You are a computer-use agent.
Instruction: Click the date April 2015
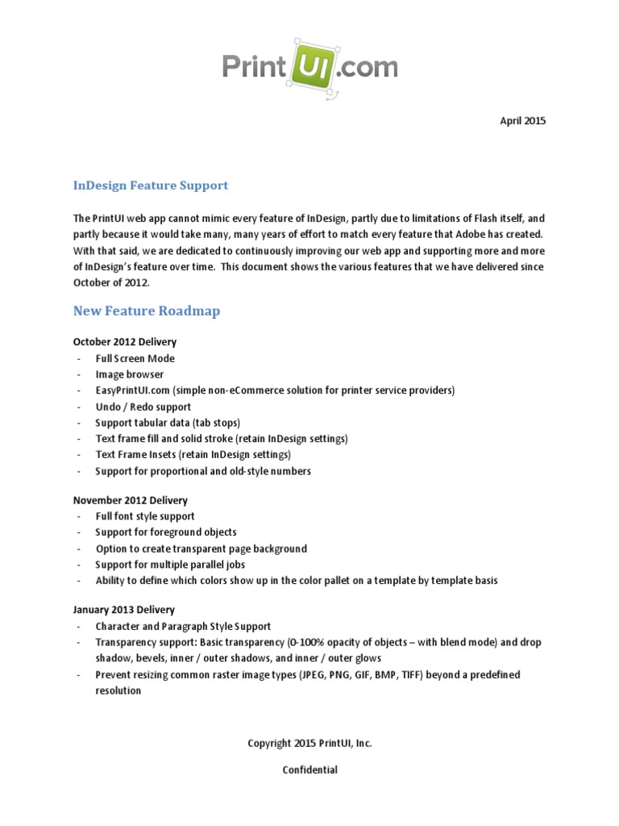tap(521, 121)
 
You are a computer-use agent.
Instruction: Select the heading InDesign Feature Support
tap(151, 186)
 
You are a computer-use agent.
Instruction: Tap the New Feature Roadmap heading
tap(146, 311)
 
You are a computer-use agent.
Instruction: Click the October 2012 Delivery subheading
tap(124, 342)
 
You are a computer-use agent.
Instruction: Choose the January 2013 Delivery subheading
tap(123, 610)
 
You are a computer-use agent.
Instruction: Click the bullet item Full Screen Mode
tap(135, 358)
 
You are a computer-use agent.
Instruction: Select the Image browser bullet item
tap(129, 374)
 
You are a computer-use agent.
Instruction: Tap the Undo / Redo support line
tap(143, 407)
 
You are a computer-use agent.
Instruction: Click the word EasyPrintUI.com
tap(132, 390)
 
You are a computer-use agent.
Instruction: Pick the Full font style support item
tap(145, 516)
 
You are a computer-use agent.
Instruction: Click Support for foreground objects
tap(165, 532)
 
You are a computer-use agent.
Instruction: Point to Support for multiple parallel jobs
tap(169, 565)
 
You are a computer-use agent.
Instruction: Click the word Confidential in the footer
tap(309, 770)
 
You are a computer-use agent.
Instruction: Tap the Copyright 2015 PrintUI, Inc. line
tap(309, 744)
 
